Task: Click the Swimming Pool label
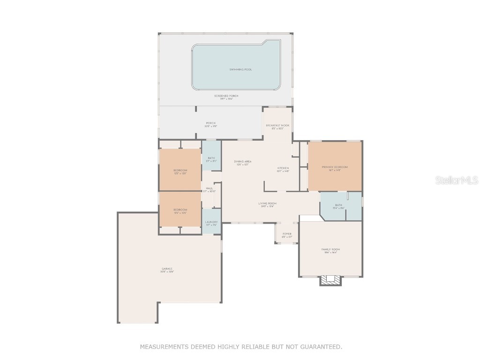coord(240,69)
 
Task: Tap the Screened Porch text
coord(226,96)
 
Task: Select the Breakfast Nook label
coord(277,126)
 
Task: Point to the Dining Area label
coord(242,162)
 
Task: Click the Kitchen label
coord(283,168)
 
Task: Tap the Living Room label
coord(267,203)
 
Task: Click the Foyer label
coord(287,234)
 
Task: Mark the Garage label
coord(167,269)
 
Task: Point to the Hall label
coord(209,188)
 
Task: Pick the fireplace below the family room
coord(331,280)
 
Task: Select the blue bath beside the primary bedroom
coord(340,206)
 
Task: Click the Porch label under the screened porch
coord(211,123)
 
